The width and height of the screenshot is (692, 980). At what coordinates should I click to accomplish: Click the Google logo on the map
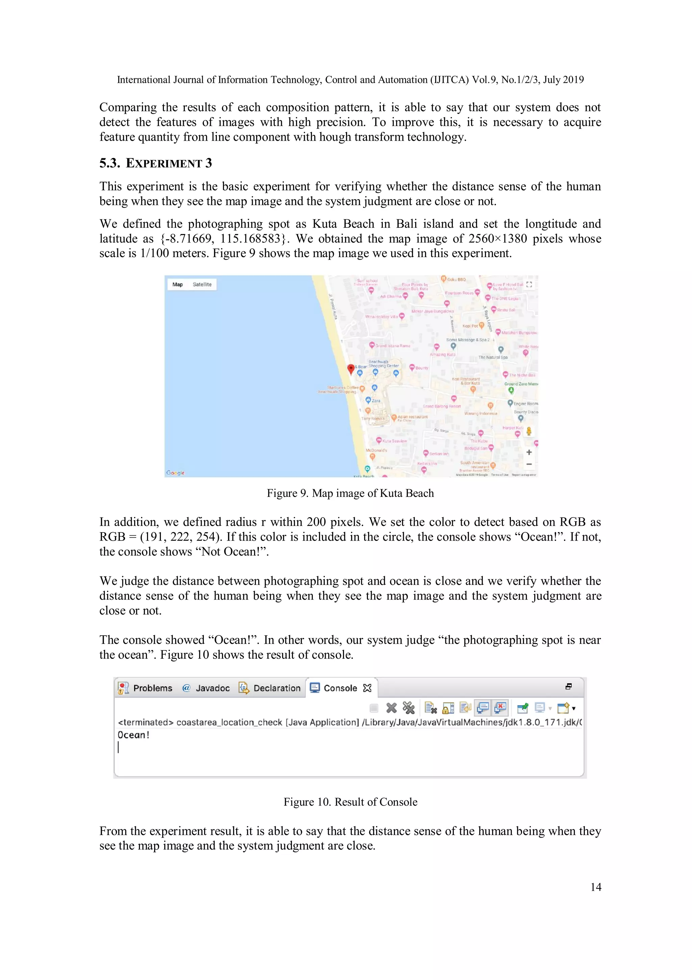[175, 473]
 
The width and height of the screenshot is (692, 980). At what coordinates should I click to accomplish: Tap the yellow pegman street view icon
[529, 431]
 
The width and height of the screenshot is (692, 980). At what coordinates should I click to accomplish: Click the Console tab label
[340, 688]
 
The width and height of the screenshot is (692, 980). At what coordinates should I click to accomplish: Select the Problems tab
[152, 688]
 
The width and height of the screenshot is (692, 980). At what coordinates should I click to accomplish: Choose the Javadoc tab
[212, 688]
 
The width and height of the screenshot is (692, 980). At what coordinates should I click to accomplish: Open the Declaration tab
[276, 688]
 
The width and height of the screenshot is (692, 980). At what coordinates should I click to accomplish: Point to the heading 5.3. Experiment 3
[156, 163]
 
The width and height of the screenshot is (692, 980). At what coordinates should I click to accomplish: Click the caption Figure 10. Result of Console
[350, 802]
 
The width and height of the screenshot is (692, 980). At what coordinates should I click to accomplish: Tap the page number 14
[596, 887]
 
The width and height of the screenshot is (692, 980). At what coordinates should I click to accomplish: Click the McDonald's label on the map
[376, 450]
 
